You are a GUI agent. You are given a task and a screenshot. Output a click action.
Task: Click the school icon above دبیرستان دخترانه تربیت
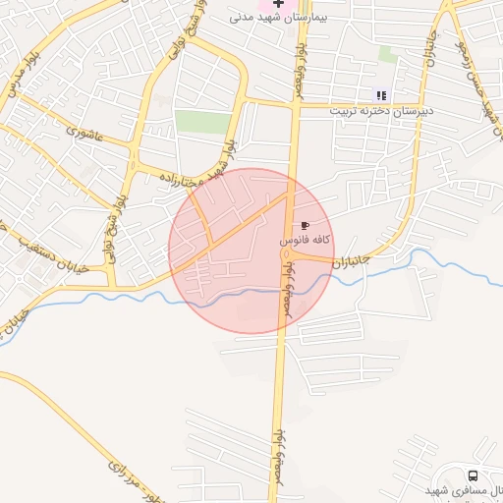pyautogui.click(x=381, y=95)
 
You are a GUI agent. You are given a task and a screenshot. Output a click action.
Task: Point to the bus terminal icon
pyautogui.click(x=474, y=475)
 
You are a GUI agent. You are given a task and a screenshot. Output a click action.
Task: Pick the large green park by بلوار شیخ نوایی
pyautogui.click(x=203, y=122)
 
